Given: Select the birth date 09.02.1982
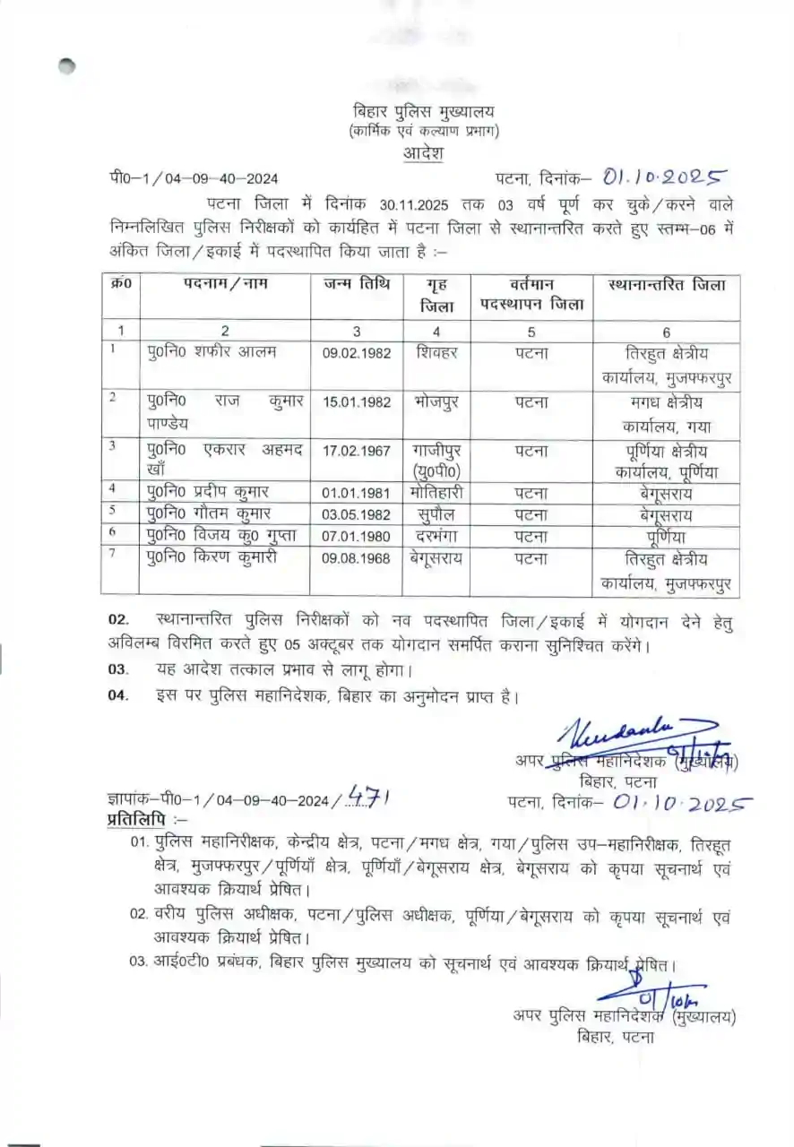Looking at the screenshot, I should pyautogui.click(x=357, y=353).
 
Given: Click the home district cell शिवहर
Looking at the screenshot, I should pyautogui.click(x=436, y=352).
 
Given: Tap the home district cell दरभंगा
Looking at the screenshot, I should pyautogui.click(x=436, y=536).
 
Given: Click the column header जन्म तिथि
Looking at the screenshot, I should pyautogui.click(x=357, y=286).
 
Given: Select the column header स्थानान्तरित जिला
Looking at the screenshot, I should pyautogui.click(x=667, y=286).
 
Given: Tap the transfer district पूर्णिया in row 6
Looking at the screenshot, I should pyautogui.click(x=666, y=536).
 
